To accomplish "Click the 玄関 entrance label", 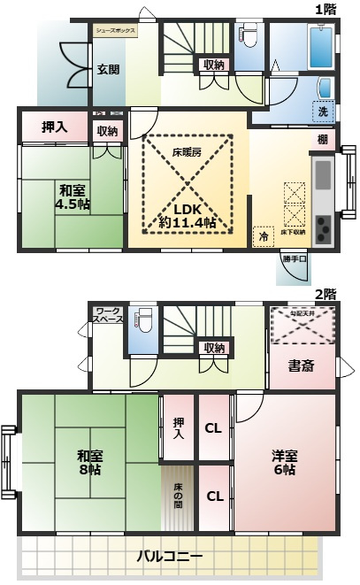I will tap(108, 70).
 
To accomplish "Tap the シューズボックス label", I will tap(116, 30).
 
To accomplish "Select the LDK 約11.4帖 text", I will tap(188, 216).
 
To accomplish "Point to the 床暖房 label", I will tap(187, 152).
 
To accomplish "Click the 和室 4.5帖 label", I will tap(73, 197).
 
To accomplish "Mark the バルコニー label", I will tap(171, 557).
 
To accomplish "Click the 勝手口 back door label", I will tap(294, 259).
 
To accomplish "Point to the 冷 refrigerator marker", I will tap(263, 236).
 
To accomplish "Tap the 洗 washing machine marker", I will tap(322, 112).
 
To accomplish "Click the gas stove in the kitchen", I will tap(323, 229).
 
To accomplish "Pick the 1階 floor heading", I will tap(325, 9).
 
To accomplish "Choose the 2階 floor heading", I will tap(325, 294).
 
